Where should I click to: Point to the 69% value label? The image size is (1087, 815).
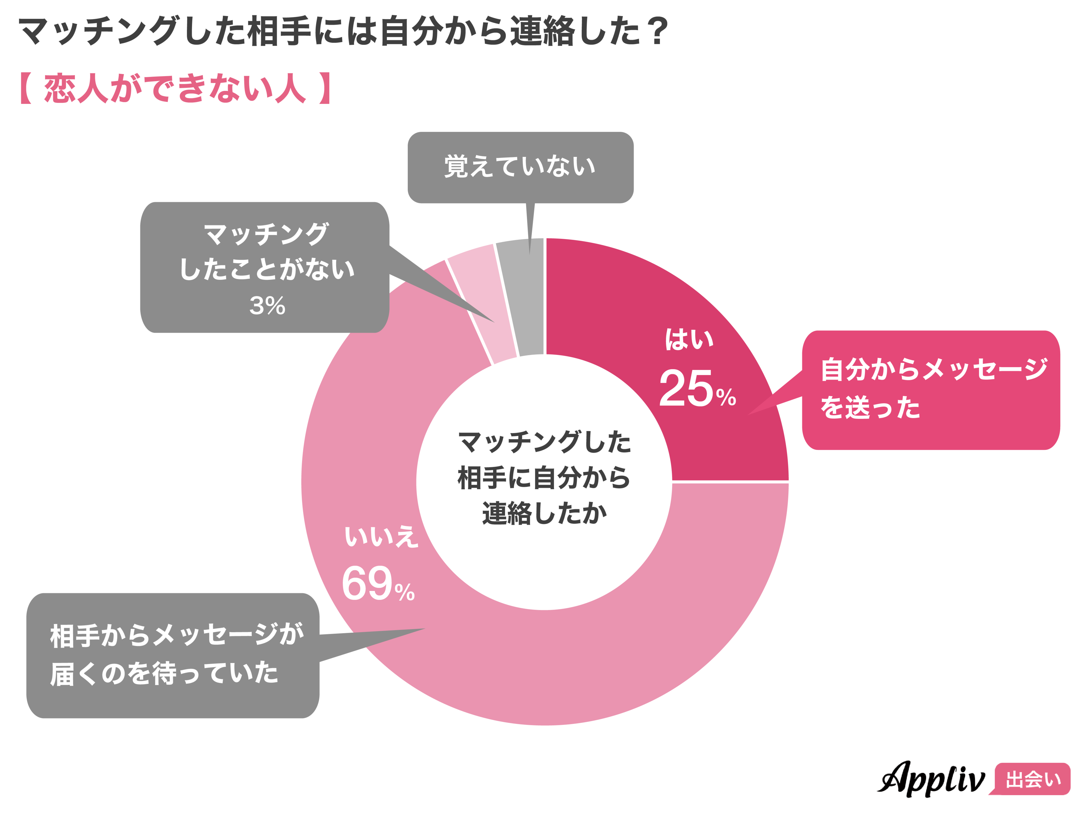click(377, 584)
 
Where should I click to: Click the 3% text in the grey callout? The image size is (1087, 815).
click(267, 306)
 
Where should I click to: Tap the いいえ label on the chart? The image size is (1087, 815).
click(381, 536)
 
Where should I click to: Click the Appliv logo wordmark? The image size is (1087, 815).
click(931, 778)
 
